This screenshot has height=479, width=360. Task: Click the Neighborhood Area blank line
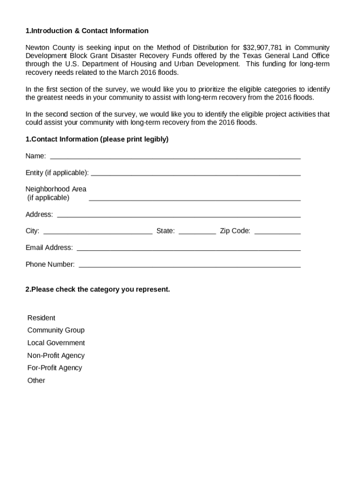(194, 199)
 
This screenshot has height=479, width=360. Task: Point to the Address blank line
(179, 216)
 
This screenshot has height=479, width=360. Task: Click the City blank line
(98, 232)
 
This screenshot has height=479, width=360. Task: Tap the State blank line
(197, 232)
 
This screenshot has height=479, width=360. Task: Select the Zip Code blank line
(277, 232)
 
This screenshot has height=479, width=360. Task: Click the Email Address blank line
(188, 249)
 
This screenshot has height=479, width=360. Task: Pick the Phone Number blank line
(189, 266)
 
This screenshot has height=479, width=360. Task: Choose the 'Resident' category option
(41, 318)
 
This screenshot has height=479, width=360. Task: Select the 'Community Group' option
(56, 330)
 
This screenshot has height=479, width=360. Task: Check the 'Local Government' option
(56, 343)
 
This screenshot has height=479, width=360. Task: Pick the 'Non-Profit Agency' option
(56, 356)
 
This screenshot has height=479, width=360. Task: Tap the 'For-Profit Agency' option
(55, 368)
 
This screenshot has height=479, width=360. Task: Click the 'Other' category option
(36, 380)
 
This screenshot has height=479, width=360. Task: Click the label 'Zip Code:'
(235, 231)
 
